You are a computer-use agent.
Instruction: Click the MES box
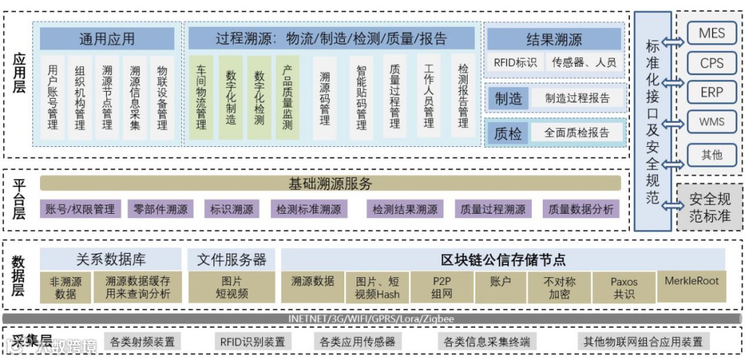(x=711, y=33)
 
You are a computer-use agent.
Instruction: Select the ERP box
(x=711, y=92)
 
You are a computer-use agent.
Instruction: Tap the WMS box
(x=711, y=122)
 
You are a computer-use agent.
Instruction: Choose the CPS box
(x=711, y=63)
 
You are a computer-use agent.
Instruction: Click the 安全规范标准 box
(x=710, y=208)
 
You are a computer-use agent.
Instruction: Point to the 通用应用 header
(x=107, y=39)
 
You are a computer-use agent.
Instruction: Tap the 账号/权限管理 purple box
(x=80, y=209)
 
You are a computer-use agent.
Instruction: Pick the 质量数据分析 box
(x=580, y=209)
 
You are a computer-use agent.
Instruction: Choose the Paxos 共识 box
(x=624, y=288)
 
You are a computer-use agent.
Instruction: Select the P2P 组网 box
(x=441, y=288)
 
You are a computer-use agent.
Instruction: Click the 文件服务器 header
(x=231, y=260)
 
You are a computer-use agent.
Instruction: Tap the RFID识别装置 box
(x=252, y=341)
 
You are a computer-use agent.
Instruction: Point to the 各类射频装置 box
(x=142, y=341)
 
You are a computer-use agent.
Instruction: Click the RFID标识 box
(x=515, y=62)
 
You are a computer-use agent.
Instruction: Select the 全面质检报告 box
(x=577, y=133)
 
